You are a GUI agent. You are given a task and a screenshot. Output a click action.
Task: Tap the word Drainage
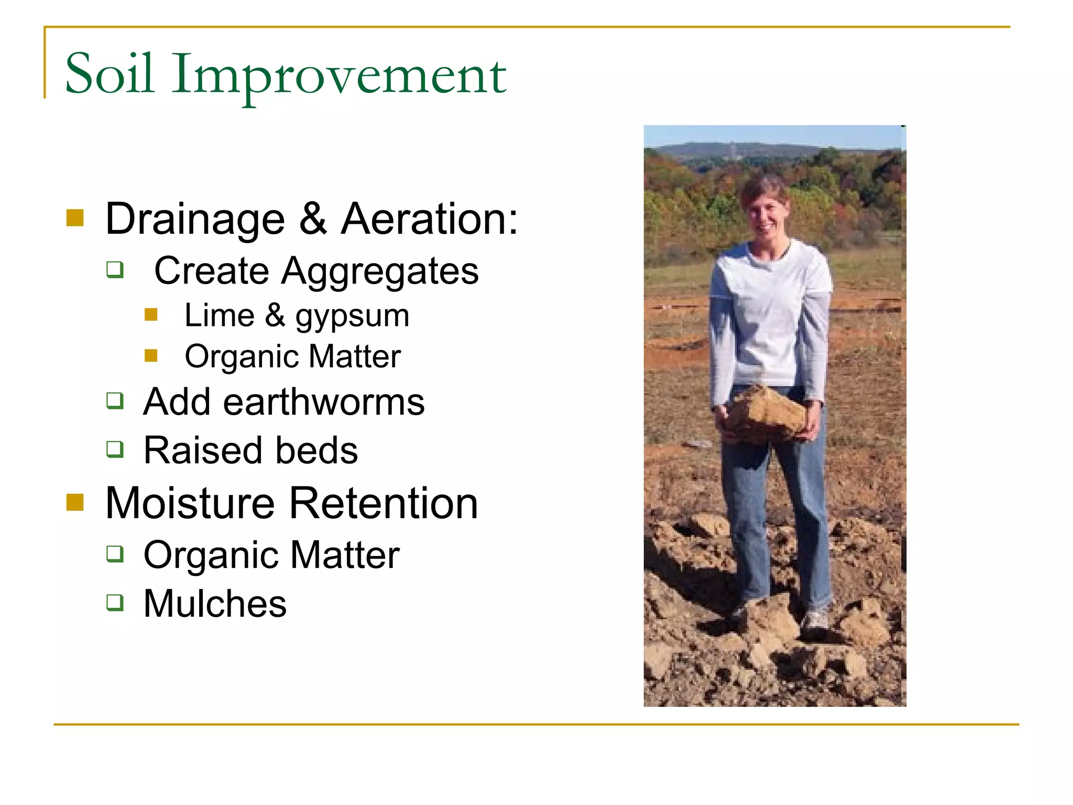[195, 220]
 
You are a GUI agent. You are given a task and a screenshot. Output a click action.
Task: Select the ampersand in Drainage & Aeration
[313, 219]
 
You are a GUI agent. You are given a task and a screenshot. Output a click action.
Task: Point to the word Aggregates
[380, 271]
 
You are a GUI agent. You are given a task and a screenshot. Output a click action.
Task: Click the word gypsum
[352, 317]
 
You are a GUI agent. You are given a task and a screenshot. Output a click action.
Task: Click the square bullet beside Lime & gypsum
[151, 314]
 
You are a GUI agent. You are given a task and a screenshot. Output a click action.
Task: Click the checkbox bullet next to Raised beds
[115, 449]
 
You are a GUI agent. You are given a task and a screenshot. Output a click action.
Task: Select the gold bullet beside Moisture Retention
[75, 502]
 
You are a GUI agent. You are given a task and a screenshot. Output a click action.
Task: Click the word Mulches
[215, 604]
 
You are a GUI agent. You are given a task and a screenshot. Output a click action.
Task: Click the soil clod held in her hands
[766, 414]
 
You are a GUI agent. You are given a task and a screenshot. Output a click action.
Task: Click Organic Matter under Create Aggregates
[292, 357]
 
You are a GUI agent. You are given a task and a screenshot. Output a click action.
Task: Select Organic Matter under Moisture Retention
[271, 555]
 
